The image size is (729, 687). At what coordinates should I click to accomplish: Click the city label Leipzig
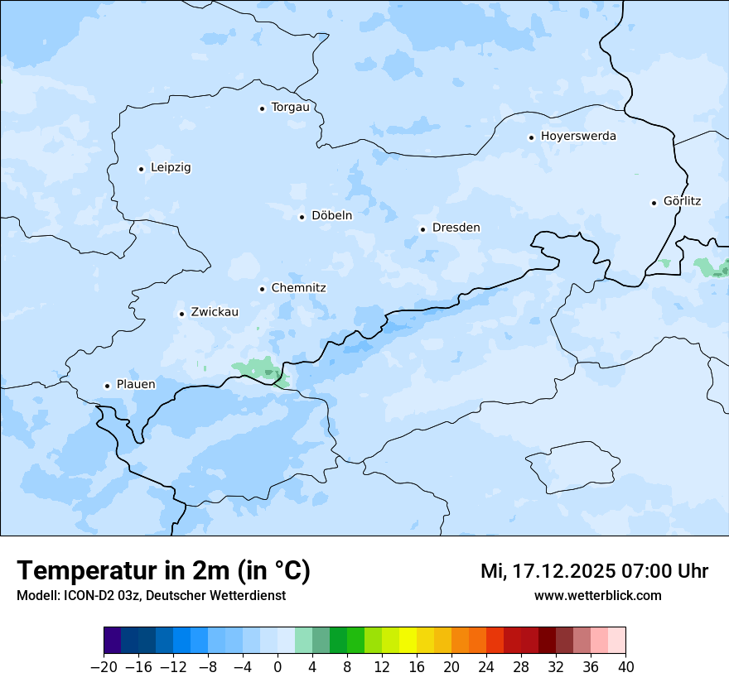click(171, 168)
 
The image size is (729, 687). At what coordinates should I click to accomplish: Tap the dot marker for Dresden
click(422, 229)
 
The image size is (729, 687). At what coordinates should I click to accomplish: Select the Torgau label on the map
click(290, 108)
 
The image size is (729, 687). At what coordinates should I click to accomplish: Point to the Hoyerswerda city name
click(578, 137)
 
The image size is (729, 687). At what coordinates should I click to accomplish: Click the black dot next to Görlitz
click(654, 202)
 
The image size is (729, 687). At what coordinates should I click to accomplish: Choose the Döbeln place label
click(331, 216)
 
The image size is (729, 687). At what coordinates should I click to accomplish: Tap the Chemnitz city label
click(298, 288)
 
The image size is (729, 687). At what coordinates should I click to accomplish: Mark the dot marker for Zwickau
click(181, 314)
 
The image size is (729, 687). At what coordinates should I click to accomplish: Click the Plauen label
click(135, 385)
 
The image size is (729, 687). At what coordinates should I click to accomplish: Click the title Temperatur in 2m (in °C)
click(163, 570)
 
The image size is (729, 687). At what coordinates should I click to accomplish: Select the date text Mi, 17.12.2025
click(546, 571)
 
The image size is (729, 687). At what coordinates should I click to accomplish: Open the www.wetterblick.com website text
click(597, 595)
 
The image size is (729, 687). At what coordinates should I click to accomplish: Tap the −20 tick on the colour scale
click(104, 667)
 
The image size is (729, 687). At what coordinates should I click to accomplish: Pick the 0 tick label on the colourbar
click(278, 667)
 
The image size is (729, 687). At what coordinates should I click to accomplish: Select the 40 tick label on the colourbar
click(625, 667)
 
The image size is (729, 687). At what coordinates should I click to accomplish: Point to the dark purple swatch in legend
click(112, 641)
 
